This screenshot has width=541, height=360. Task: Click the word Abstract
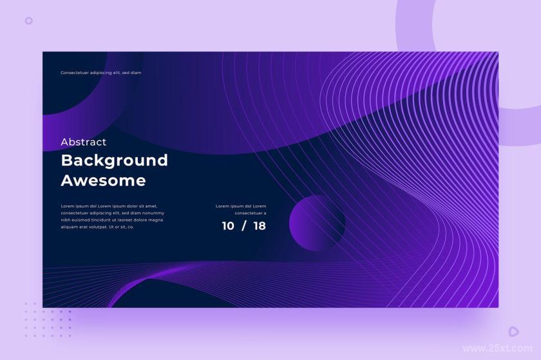coord(84,142)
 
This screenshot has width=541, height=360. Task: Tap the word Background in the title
coord(115,161)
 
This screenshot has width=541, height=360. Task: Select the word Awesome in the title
coord(103,180)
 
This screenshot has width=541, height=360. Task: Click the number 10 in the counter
coord(228,226)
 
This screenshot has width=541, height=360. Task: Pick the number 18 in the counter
coord(260,226)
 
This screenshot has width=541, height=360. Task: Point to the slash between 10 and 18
coord(244,226)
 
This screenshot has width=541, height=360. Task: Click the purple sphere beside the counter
coord(317,223)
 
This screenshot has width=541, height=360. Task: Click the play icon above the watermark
coord(513,332)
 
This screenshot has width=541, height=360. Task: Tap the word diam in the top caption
coord(136,73)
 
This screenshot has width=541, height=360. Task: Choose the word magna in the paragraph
coord(156,220)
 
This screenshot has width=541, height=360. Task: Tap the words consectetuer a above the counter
coord(251,213)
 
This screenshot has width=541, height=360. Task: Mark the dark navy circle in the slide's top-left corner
coord(69,83)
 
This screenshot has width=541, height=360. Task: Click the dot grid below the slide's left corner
coord(48,319)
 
